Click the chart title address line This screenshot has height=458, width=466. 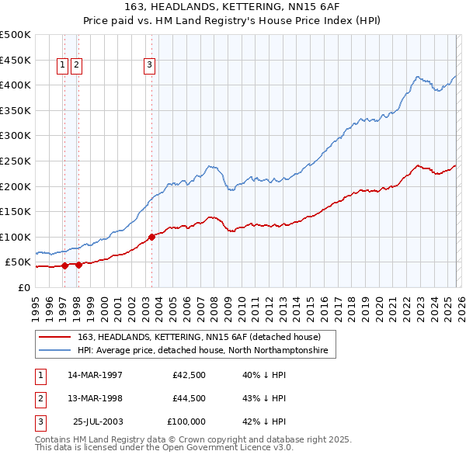[x=232, y=6]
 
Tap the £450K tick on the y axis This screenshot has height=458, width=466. [x=16, y=60]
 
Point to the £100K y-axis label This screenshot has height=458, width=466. [x=16, y=237]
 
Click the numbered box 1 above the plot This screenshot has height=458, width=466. [x=63, y=66]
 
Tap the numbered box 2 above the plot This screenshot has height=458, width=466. [x=77, y=66]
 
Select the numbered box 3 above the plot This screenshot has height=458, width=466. [x=149, y=66]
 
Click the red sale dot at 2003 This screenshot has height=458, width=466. [x=151, y=237]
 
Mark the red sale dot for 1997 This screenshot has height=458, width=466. [x=64, y=265]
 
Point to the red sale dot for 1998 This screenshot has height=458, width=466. [x=78, y=265]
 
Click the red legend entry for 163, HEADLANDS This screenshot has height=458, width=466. [x=194, y=337]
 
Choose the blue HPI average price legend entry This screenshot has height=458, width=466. [x=202, y=351]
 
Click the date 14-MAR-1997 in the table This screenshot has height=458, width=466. [x=95, y=375]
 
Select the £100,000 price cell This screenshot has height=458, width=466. [x=186, y=422]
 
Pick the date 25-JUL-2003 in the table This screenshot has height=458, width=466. [x=95, y=422]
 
